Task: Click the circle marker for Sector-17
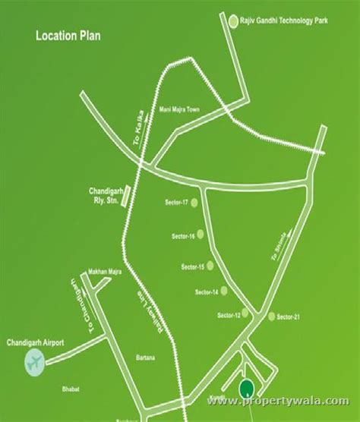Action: pyautogui.click(x=194, y=202)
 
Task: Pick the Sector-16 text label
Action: pyautogui.click(x=184, y=238)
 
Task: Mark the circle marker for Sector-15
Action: pyautogui.click(x=212, y=266)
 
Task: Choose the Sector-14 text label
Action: pyautogui.click(x=206, y=292)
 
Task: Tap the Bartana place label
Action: pyautogui.click(x=145, y=357)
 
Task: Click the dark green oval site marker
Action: pyautogui.click(x=246, y=389)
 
